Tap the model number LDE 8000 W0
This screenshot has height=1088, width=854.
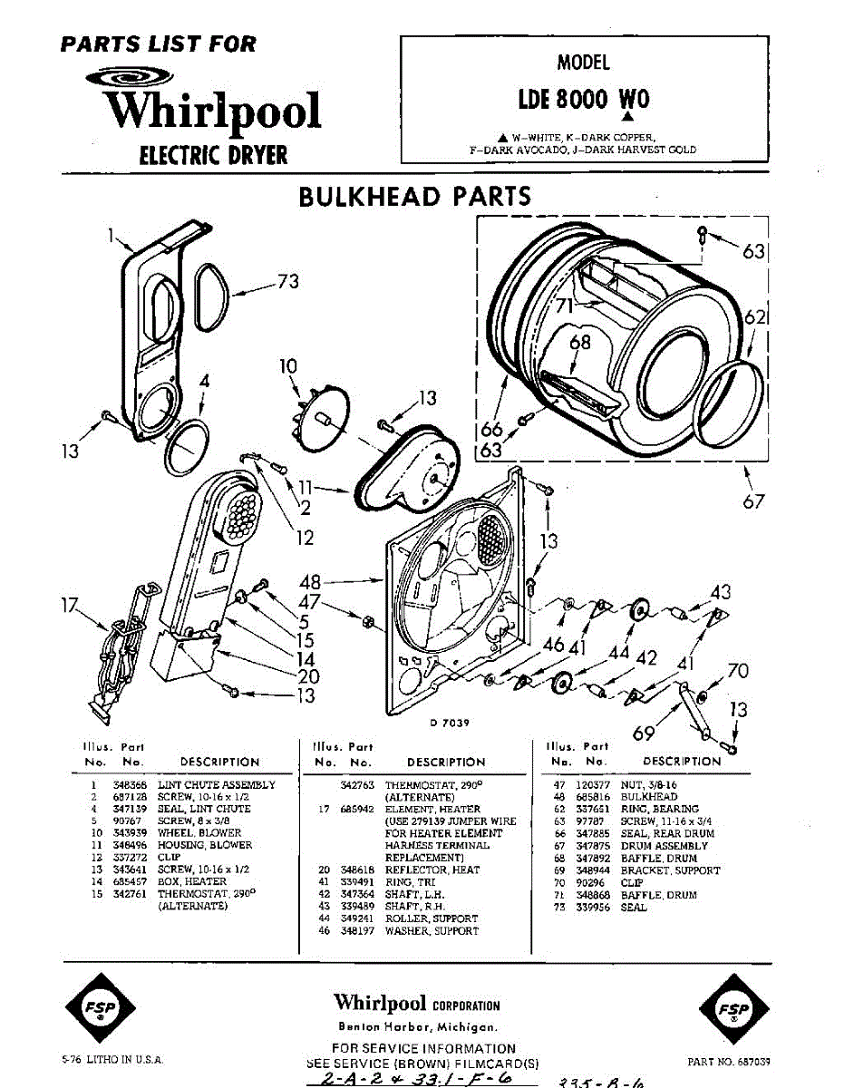pyautogui.click(x=584, y=98)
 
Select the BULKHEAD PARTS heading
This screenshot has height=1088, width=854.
pyautogui.click(x=414, y=196)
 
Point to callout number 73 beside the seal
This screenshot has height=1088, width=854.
pyautogui.click(x=287, y=282)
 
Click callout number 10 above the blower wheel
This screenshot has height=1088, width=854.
pyautogui.click(x=288, y=366)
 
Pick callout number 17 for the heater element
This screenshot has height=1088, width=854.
pyautogui.click(x=70, y=605)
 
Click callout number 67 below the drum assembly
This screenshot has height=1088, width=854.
pyautogui.click(x=753, y=501)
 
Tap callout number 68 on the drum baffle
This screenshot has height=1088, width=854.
pyautogui.click(x=580, y=342)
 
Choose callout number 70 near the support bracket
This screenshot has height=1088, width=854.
pyautogui.click(x=738, y=672)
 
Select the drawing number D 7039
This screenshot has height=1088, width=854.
pyautogui.click(x=449, y=723)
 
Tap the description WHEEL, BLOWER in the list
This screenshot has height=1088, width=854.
pyautogui.click(x=199, y=832)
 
